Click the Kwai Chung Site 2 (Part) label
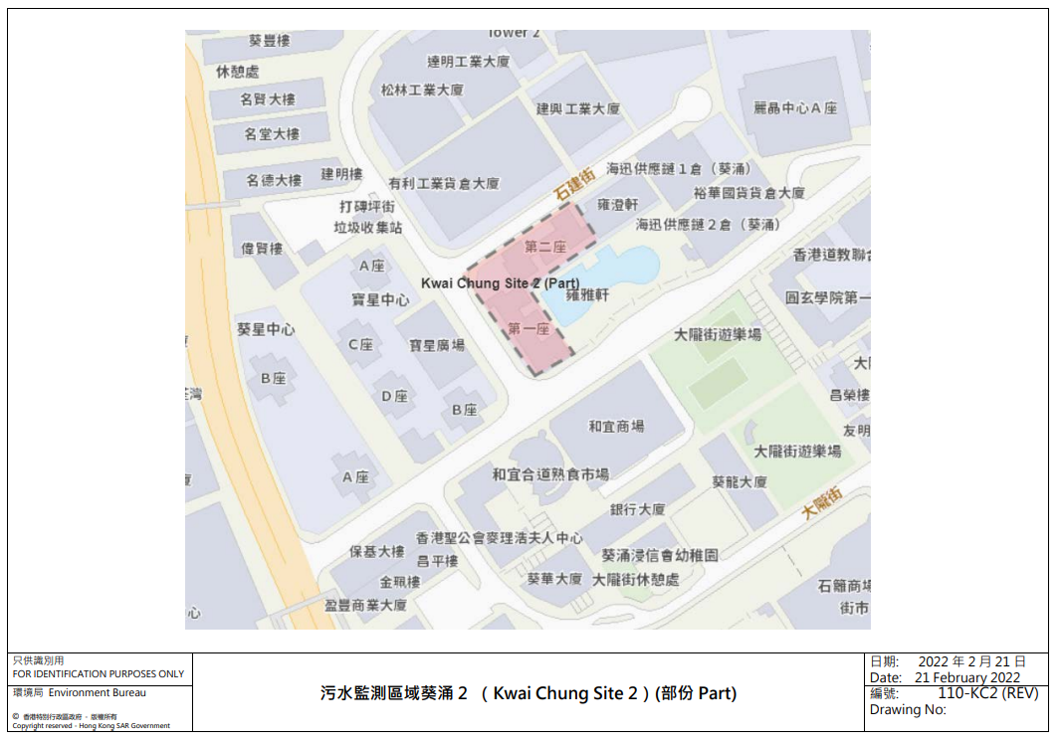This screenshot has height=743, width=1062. [500, 283]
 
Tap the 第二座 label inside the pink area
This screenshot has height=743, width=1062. [544, 247]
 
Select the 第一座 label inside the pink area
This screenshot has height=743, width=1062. [529, 328]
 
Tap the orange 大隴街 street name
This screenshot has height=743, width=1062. [823, 501]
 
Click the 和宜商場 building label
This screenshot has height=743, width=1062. [616, 426]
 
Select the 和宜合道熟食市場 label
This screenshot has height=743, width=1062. [550, 475]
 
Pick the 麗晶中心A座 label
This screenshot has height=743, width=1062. [795, 108]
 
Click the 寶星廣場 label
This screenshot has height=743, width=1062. [437, 345]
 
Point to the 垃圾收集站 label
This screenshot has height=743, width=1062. [368, 228]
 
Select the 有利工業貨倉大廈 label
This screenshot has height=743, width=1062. [444, 184]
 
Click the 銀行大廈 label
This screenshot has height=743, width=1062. [637, 509]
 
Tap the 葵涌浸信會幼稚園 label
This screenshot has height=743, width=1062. [660, 555]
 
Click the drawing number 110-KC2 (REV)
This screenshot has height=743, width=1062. [987, 693]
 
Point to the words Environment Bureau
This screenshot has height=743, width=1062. [98, 692]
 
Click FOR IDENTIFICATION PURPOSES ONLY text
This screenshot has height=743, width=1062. [98, 673]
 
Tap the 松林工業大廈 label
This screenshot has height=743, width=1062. [422, 90]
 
